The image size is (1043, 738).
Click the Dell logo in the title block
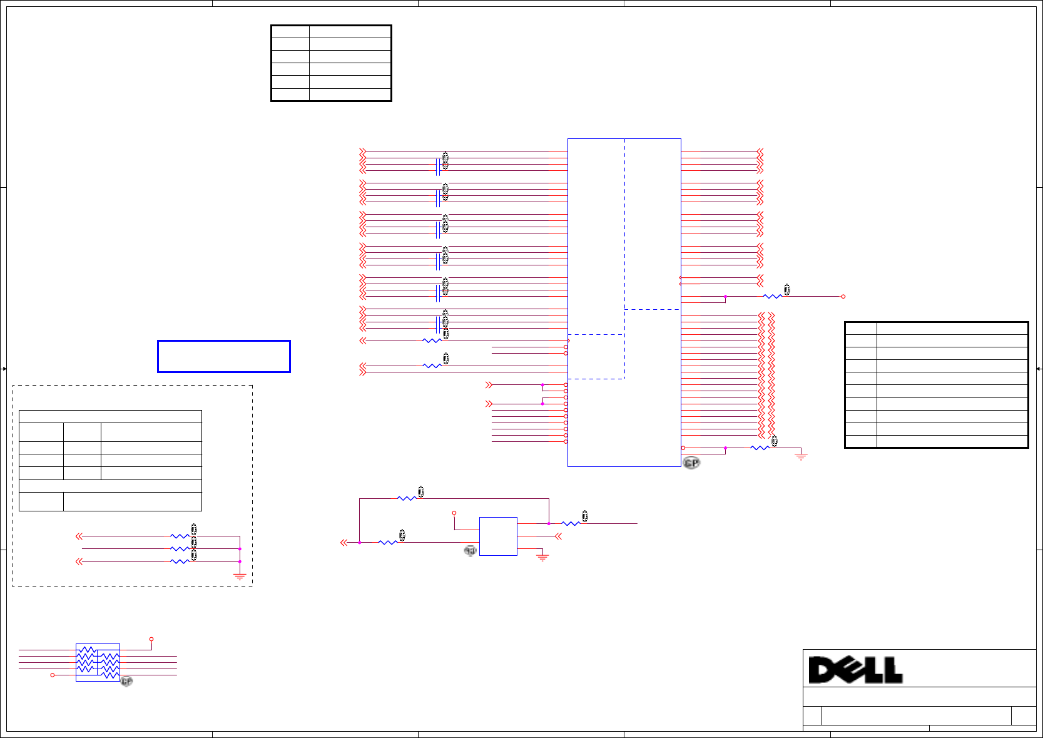(855, 670)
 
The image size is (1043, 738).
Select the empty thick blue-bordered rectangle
(224, 357)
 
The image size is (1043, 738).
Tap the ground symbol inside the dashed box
(240, 577)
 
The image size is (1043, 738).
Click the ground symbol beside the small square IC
(542, 557)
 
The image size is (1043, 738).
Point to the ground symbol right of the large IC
(801, 456)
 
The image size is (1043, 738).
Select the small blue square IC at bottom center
(498, 536)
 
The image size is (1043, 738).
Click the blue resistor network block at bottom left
(98, 662)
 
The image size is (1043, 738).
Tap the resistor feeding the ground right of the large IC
(760, 448)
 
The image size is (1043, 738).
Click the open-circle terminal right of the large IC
(843, 297)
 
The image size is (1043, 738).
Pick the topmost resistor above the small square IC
(407, 499)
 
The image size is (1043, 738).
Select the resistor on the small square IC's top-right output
(571, 524)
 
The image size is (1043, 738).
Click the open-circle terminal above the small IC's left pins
(455, 513)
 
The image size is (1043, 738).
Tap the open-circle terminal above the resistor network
(151, 639)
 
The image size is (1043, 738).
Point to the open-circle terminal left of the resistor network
(53, 675)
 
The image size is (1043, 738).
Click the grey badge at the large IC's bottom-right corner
(691, 463)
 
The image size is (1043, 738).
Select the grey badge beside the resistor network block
(127, 681)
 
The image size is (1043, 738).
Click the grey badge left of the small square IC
(470, 551)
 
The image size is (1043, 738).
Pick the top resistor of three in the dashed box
(180, 536)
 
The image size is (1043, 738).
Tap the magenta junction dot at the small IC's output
(549, 524)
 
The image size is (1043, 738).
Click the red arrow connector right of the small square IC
(558, 536)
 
